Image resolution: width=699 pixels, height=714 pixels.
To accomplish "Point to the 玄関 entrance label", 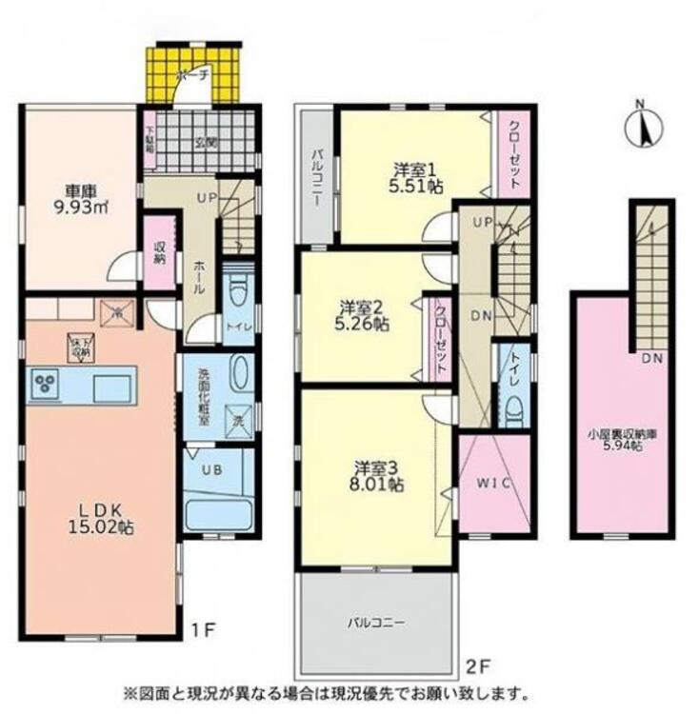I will (x=206, y=144).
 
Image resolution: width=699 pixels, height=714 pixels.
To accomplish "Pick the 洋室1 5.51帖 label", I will (x=416, y=178).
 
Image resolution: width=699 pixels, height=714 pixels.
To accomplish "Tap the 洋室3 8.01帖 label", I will (x=378, y=476).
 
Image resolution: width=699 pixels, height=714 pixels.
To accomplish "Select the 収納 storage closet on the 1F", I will (x=160, y=250).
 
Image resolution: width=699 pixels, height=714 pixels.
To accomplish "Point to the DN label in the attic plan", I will (x=651, y=359).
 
